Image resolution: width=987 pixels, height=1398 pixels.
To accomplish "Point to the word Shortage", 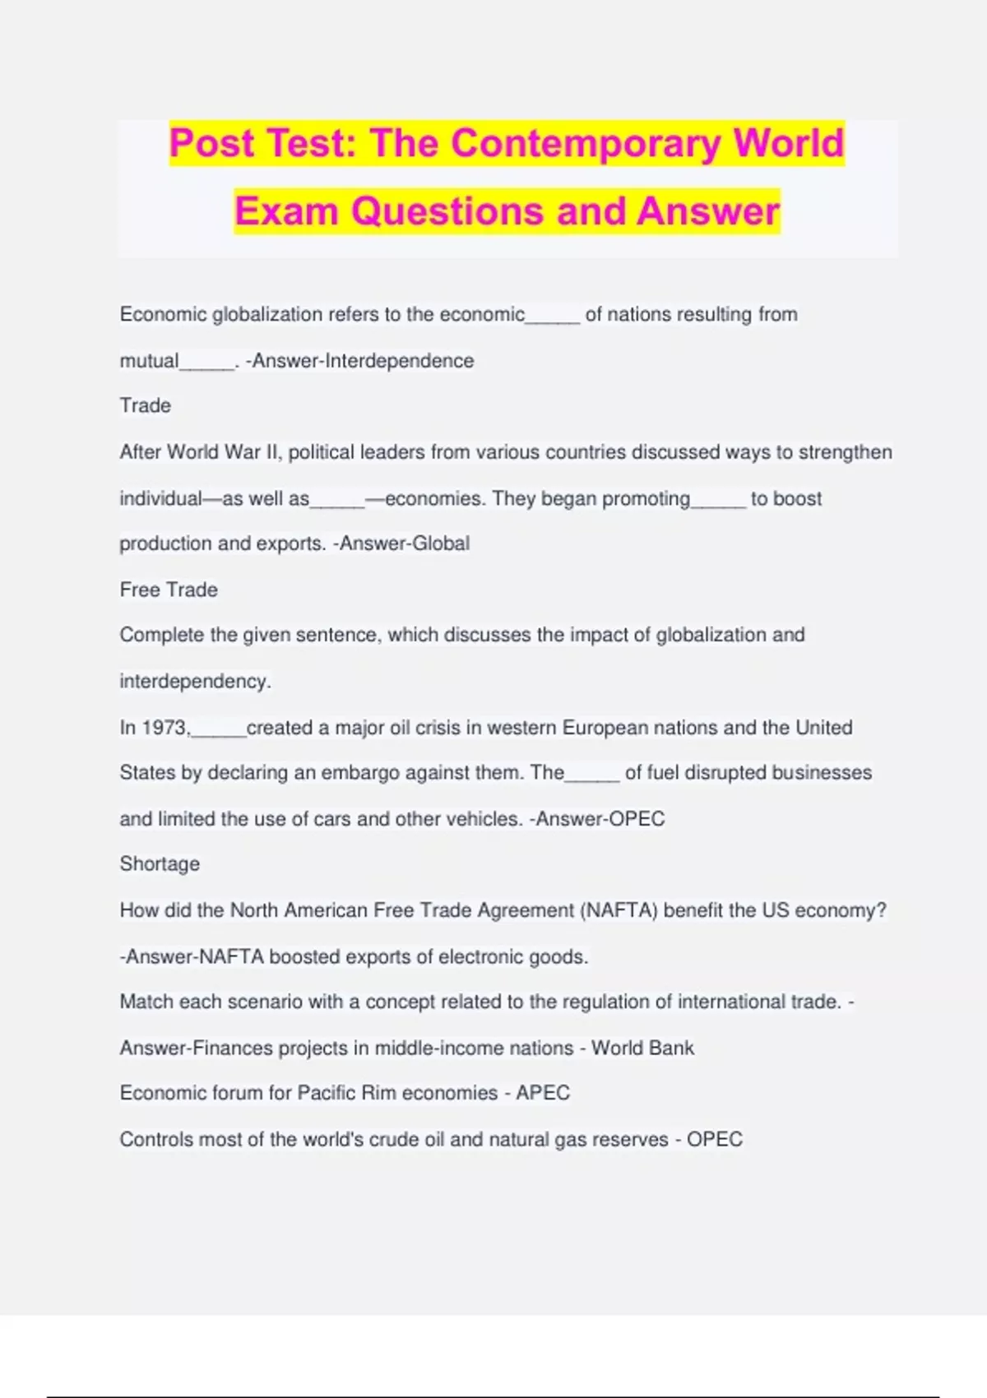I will [x=160, y=864].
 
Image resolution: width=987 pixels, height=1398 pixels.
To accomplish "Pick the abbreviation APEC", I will [x=543, y=1093].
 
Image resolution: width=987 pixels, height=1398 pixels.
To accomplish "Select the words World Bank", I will [x=642, y=1048].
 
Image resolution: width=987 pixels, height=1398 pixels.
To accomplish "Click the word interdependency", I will [x=194, y=682].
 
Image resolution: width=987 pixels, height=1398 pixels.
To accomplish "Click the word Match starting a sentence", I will [x=146, y=1002].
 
